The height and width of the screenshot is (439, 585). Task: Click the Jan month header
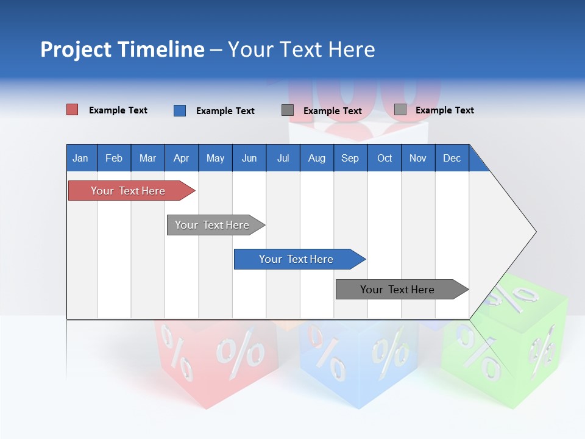pos(80,158)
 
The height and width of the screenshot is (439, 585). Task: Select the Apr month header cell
pos(181,158)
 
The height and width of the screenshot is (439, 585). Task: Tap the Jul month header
pos(283,158)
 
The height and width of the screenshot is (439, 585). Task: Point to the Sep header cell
pos(350,158)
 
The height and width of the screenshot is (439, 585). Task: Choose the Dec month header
pos(452,158)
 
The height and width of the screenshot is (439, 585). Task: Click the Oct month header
pos(385,158)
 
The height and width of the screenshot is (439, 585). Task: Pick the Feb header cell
pos(114,158)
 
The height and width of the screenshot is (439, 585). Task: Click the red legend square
pos(72,110)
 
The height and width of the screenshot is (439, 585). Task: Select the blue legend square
pos(179,110)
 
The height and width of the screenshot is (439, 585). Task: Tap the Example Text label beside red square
pos(118,110)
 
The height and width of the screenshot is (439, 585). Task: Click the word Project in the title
pos(76,49)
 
